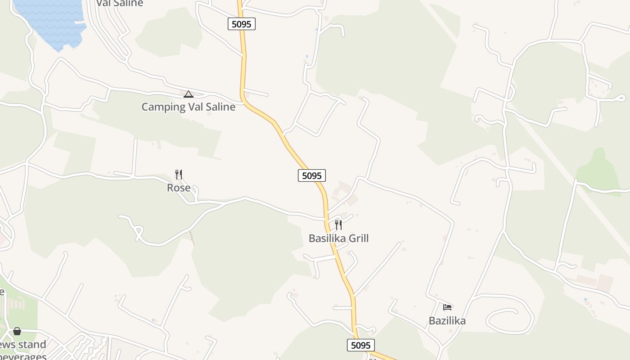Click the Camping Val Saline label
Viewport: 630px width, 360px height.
tap(188, 107)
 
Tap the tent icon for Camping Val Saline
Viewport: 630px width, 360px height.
tap(189, 94)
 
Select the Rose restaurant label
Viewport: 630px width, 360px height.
tap(179, 188)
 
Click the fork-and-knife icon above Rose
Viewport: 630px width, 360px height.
tap(179, 175)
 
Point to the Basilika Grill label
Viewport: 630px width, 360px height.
tap(338, 238)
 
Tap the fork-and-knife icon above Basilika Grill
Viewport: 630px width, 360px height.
tap(338, 225)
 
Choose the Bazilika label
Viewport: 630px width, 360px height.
tap(447, 321)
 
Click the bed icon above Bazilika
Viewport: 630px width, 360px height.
tap(447, 307)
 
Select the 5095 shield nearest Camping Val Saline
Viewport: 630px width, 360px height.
tap(242, 24)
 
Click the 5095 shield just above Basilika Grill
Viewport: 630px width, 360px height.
tap(312, 175)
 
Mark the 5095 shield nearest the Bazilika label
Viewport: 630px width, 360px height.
tap(361, 345)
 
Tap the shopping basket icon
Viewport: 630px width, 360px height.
tap(17, 332)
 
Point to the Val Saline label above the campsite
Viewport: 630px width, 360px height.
tap(119, 3)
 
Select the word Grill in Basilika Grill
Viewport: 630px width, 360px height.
tap(356, 238)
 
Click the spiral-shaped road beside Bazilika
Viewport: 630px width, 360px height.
tap(508, 317)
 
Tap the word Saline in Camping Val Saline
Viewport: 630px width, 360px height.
tap(219, 107)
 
